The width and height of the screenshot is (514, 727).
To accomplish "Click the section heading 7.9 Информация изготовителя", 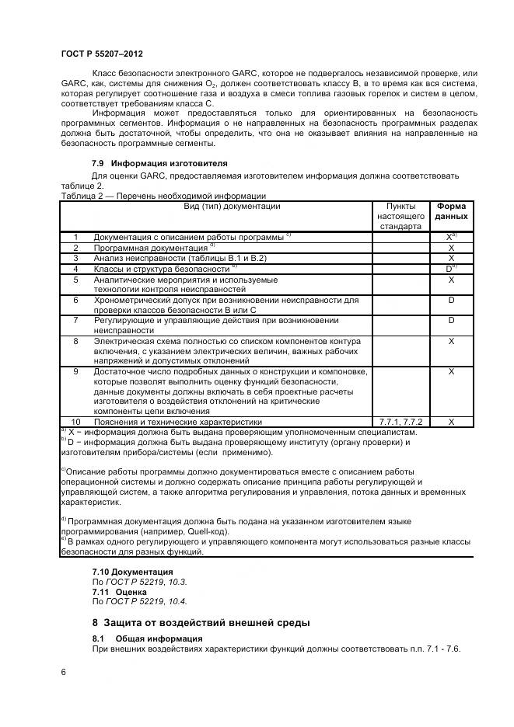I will coord(159,164).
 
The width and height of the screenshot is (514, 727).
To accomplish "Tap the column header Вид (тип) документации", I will coord(221,207).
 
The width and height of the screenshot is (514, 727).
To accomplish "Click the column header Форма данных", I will coord(451,211).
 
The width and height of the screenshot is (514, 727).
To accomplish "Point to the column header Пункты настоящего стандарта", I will coord(400,217).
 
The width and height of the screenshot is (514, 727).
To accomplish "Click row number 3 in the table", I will coord(76,258).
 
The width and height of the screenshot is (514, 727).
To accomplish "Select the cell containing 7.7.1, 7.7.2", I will coord(400,422).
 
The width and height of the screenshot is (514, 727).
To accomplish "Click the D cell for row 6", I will coord(451,299).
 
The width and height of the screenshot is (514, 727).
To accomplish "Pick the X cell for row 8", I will coord(451,340).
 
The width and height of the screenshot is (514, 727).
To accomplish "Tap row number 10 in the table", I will coord(76,422).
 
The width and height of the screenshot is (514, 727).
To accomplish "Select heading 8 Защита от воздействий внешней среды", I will coord(201,623).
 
